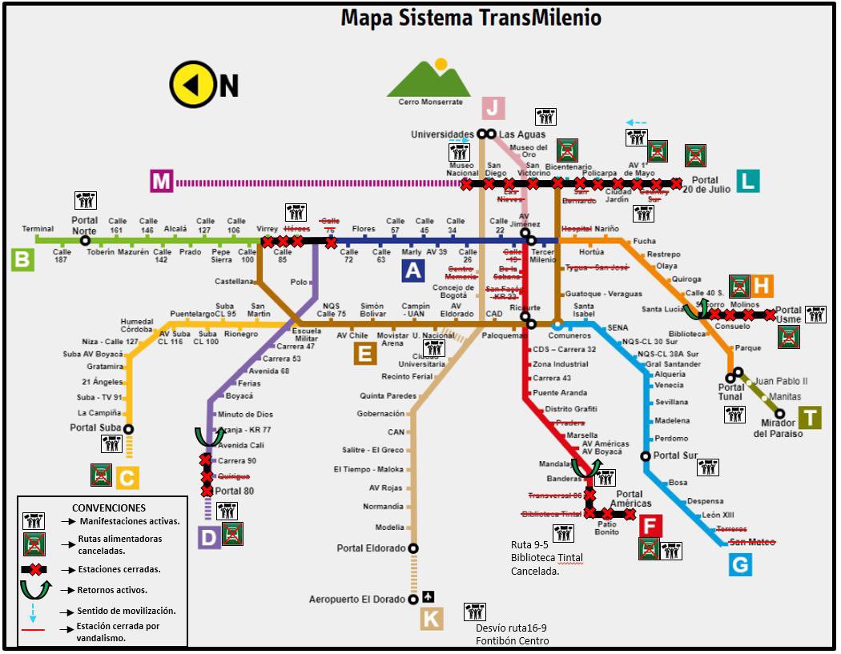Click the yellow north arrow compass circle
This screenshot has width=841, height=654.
click(x=193, y=83)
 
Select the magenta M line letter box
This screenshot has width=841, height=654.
click(x=161, y=182)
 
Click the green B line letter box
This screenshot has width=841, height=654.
click(x=22, y=259)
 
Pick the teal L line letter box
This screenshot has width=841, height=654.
click(x=746, y=181)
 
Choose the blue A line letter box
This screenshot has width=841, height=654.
click(x=412, y=271)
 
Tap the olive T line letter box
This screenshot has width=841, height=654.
click(x=811, y=417)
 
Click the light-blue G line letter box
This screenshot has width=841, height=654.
click(x=740, y=565)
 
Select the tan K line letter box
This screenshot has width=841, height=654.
click(x=431, y=619)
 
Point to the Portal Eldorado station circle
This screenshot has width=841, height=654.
click(x=413, y=548)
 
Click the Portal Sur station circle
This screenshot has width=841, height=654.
click(x=646, y=456)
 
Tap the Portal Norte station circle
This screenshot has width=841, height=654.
click(x=85, y=240)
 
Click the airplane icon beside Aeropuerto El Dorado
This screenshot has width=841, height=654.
click(x=429, y=597)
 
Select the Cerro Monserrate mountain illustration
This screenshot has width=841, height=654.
click(x=430, y=78)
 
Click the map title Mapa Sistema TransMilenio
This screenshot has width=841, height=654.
click(x=471, y=17)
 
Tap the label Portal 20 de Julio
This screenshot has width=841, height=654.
click(x=706, y=185)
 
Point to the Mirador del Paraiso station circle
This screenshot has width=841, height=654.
click(x=781, y=414)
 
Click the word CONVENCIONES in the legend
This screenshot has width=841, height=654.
click(x=109, y=508)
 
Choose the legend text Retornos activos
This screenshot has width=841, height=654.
click(x=113, y=589)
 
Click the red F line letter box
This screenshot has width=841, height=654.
click(x=650, y=526)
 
